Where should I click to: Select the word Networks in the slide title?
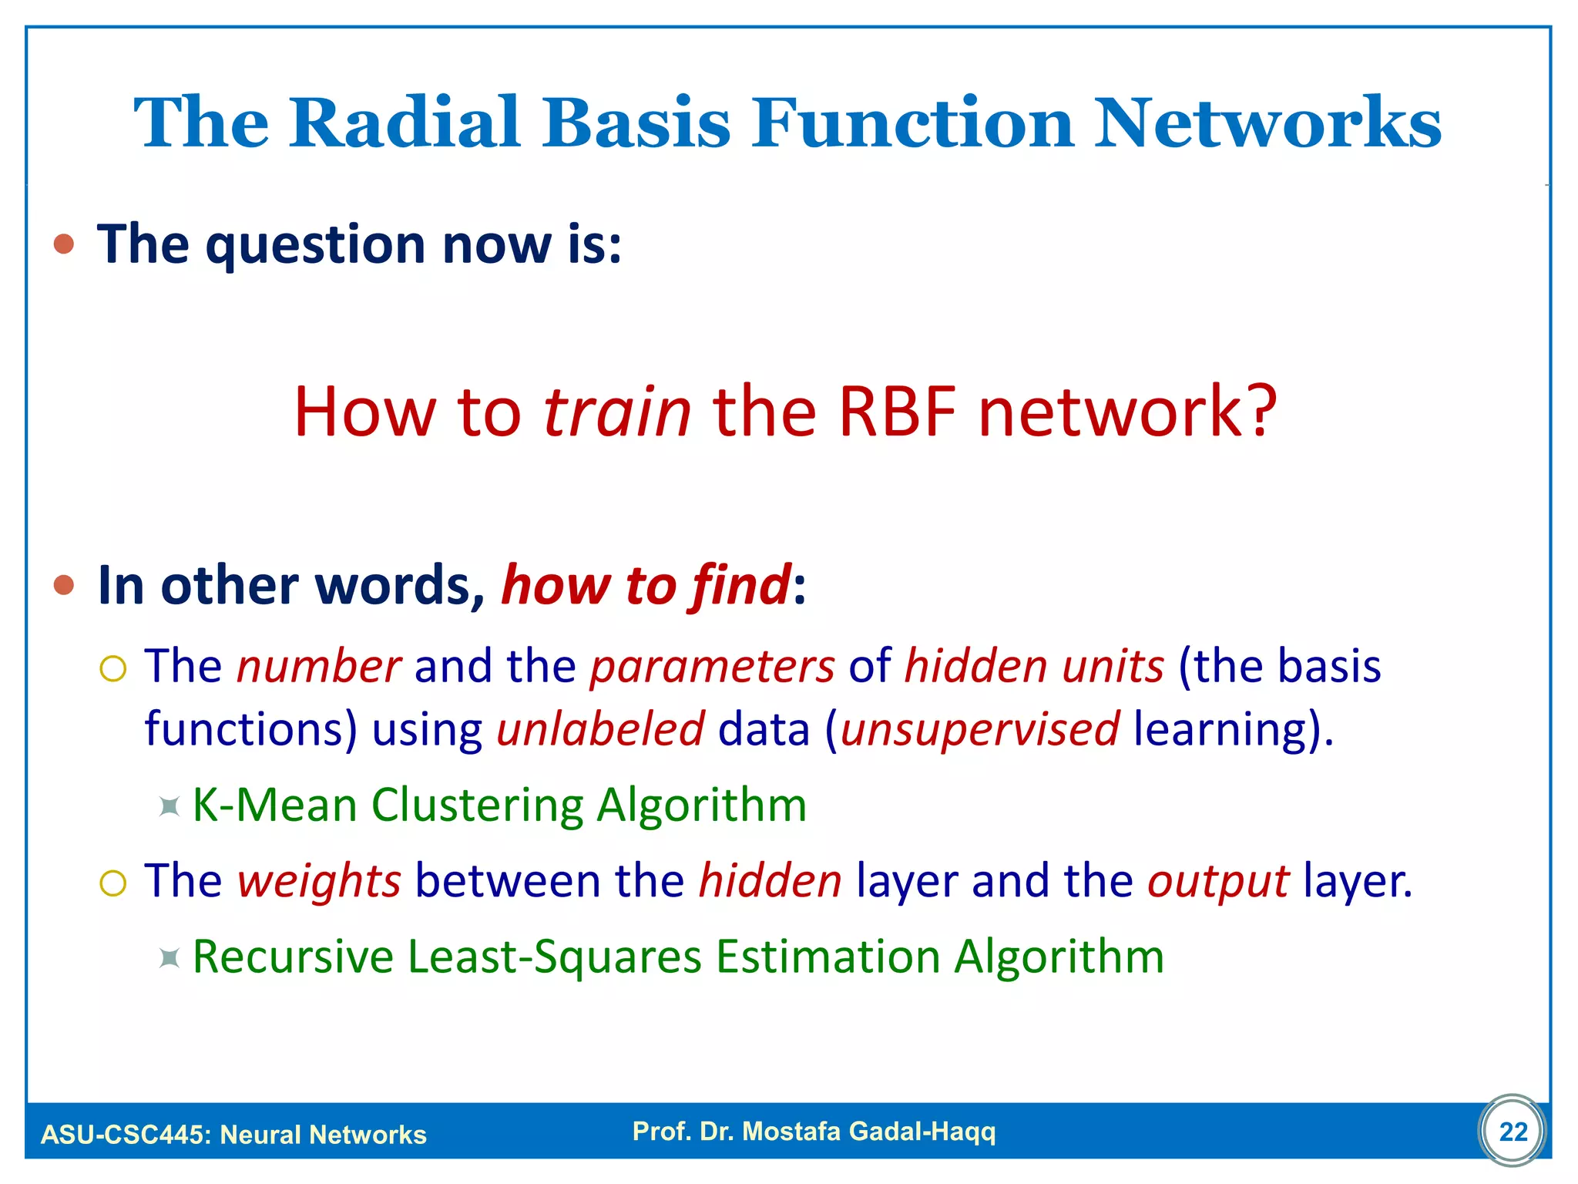point(1267,123)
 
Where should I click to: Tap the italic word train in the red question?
point(617,412)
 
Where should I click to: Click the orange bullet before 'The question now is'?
point(64,245)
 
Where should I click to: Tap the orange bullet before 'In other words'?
point(64,586)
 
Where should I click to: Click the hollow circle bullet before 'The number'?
point(112,668)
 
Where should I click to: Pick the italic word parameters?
point(712,667)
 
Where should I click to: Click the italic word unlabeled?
point(600,729)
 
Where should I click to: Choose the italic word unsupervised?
point(979,729)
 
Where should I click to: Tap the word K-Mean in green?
point(274,806)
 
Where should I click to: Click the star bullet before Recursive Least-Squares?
point(169,958)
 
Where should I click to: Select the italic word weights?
point(319,881)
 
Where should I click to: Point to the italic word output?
point(1217,881)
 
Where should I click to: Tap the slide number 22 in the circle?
point(1513,1132)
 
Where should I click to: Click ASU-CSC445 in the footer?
point(124,1135)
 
